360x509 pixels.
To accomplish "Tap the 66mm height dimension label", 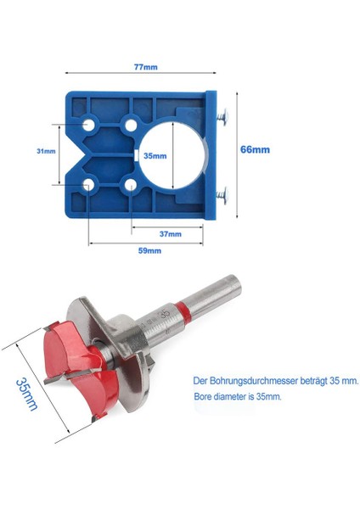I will pyautogui.click(x=256, y=148).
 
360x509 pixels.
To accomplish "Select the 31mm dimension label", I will pyautogui.click(x=46, y=152).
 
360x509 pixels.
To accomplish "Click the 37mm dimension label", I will pyautogui.click(x=169, y=234).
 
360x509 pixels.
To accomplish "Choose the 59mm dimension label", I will pyautogui.click(x=149, y=252).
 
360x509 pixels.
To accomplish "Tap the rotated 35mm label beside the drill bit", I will pyautogui.click(x=27, y=392).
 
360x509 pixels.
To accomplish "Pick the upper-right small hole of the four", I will pyautogui.click(x=130, y=125).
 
